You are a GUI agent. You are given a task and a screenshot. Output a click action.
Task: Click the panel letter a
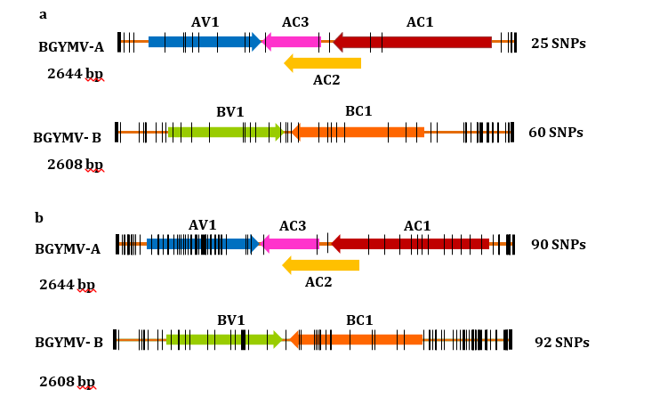tap(43, 14)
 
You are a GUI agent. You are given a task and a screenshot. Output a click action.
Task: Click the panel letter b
tap(39, 217)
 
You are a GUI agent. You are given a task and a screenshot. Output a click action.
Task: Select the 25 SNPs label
tap(559, 43)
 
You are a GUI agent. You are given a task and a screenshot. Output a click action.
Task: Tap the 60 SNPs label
tap(556, 133)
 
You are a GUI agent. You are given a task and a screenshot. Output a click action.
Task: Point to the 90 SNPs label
tap(559, 245)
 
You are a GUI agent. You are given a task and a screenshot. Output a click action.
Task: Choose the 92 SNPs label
tap(561, 342)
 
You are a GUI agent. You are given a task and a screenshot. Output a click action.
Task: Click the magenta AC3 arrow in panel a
tap(293, 42)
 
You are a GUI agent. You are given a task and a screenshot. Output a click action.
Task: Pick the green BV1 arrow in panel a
tap(225, 133)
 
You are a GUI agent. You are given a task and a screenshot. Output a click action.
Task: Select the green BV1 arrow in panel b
tap(223, 339)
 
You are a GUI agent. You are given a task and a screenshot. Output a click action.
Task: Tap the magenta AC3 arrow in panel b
tap(291, 244)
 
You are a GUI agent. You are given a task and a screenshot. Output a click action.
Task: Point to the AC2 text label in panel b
tap(318, 282)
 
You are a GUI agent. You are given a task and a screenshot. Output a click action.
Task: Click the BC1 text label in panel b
tap(359, 320)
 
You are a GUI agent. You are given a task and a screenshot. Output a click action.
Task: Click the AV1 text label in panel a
tap(205, 21)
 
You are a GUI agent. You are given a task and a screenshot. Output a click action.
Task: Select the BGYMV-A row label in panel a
tap(71, 46)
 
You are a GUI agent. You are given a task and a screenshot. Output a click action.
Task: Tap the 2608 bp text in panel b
tap(67, 382)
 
